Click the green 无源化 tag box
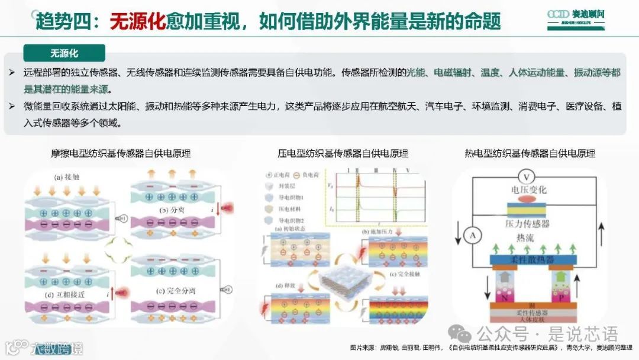64,53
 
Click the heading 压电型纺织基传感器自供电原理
343,153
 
